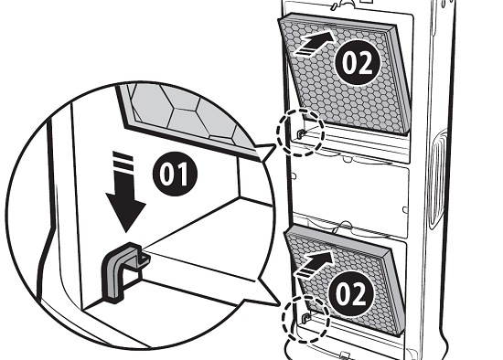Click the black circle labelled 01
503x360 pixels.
(175, 175)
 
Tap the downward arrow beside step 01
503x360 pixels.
(125, 193)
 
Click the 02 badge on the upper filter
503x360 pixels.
(358, 62)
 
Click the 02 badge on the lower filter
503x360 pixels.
(351, 293)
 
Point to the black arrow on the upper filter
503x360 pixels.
(315, 43)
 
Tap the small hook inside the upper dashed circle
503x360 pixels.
(301, 133)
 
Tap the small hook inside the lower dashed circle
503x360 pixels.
(306, 317)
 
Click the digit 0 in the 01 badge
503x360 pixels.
(166, 175)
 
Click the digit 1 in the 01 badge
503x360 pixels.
(183, 175)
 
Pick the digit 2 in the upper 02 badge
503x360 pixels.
(365, 63)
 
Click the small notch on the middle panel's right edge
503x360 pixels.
(405, 210)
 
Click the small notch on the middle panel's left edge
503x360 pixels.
(294, 176)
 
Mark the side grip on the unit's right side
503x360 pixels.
(437, 179)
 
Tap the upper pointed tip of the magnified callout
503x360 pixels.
(275, 146)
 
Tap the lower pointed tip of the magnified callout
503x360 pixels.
(278, 304)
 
